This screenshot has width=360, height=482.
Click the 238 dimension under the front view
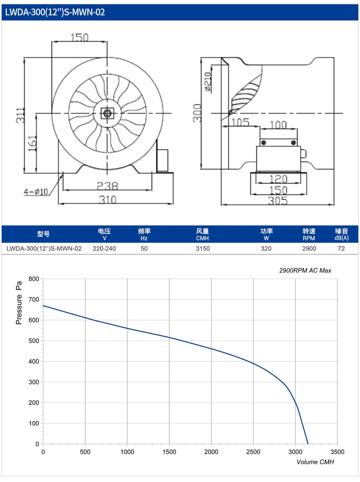(x=107, y=186)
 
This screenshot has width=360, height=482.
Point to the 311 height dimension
(x=20, y=116)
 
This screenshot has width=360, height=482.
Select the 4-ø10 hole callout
(x=36, y=192)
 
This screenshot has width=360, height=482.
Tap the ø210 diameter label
(x=207, y=82)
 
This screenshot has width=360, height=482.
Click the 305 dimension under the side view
(x=278, y=201)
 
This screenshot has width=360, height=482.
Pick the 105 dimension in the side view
(x=240, y=122)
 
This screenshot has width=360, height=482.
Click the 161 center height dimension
(x=32, y=143)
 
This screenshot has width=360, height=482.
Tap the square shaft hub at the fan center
(x=107, y=113)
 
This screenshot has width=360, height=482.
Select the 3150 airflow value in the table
(x=203, y=248)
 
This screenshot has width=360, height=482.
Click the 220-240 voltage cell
(x=104, y=248)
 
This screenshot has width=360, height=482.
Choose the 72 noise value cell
(x=341, y=248)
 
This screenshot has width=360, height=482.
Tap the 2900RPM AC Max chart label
(x=305, y=271)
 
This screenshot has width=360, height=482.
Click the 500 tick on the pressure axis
(x=34, y=341)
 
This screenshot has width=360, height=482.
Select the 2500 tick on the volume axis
(x=253, y=452)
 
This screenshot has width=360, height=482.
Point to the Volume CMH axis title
(x=315, y=462)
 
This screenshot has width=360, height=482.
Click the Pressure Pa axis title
(x=19, y=303)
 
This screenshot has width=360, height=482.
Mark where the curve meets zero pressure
(x=308, y=444)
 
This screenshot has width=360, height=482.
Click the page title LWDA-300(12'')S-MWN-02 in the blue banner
(x=55, y=12)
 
